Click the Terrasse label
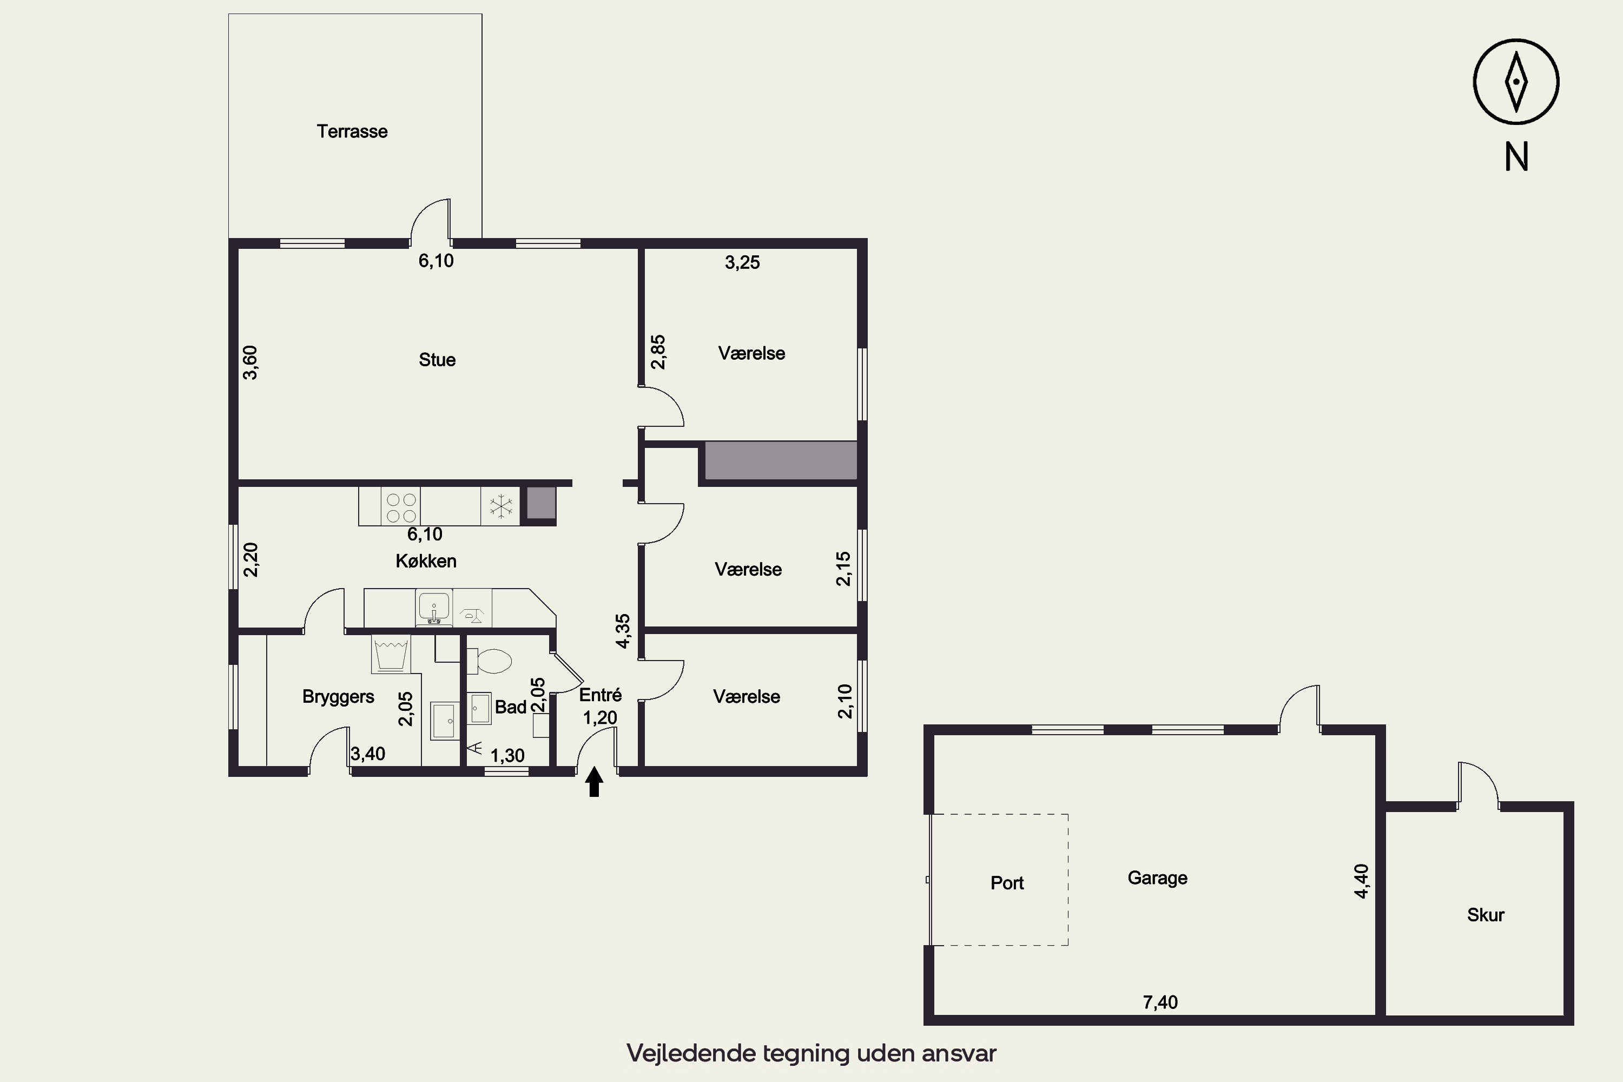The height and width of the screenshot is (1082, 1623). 352,131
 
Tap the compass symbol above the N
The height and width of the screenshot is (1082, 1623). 1516,82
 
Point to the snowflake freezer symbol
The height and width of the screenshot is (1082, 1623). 500,506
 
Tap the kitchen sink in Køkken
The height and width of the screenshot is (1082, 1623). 433,607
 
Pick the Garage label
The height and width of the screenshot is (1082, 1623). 1157,878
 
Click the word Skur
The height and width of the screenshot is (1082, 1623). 1485,915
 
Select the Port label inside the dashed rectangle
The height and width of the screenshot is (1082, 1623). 1007,883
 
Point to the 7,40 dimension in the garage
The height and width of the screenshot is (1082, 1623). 1160,1002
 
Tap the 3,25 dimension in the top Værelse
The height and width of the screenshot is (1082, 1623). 742,262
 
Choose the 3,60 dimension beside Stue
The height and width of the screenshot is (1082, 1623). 250,362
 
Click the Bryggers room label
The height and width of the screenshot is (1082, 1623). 338,697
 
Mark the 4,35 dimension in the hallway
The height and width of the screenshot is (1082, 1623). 623,631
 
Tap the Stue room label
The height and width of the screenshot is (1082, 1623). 437,360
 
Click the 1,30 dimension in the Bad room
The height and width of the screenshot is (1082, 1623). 507,756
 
